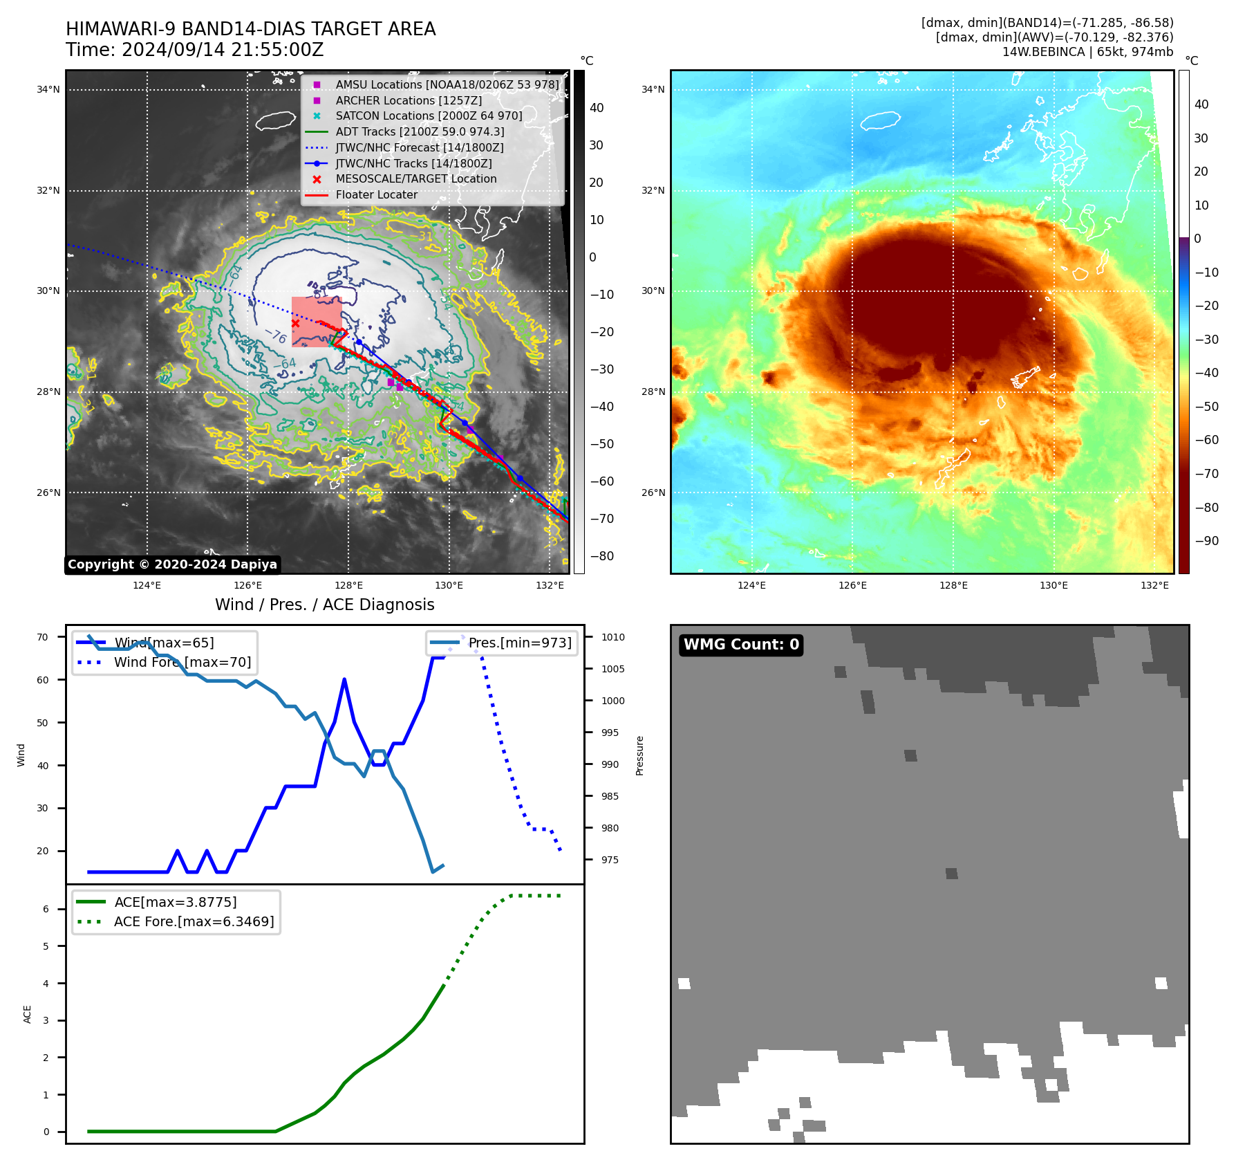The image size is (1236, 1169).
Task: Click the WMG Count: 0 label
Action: [x=741, y=645]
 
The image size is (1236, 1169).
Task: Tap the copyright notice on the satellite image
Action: [x=172, y=564]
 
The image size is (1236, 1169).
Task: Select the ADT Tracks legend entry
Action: [x=420, y=131]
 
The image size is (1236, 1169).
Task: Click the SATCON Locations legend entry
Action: [x=429, y=116]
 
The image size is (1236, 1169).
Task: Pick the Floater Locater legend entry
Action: [x=376, y=195]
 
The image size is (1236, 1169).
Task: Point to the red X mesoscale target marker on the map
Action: [x=296, y=323]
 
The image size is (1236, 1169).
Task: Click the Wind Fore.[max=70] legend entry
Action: [x=182, y=662]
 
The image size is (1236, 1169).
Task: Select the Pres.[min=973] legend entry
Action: [x=520, y=643]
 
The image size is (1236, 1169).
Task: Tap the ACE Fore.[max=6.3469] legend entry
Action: [x=194, y=921]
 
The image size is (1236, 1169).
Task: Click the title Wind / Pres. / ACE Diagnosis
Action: [x=325, y=605]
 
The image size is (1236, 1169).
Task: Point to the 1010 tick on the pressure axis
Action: [x=612, y=637]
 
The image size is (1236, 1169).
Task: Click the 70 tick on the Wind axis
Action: [x=43, y=637]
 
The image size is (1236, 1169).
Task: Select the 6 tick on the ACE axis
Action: [x=46, y=909]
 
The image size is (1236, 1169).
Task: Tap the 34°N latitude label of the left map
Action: [x=48, y=89]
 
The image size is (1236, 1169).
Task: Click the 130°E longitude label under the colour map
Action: [x=1054, y=585]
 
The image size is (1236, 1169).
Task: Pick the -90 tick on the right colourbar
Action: [x=1206, y=541]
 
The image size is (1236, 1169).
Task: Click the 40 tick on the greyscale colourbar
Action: [x=597, y=108]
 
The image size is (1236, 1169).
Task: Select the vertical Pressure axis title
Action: [x=639, y=755]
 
